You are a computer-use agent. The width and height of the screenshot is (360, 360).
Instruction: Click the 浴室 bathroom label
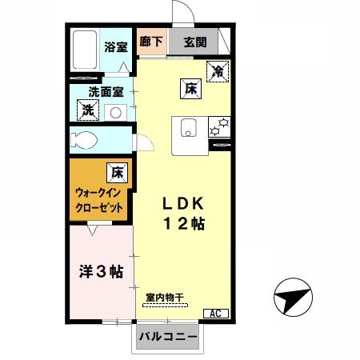coord(116,47)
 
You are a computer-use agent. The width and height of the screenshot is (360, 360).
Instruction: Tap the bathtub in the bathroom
coord(84,50)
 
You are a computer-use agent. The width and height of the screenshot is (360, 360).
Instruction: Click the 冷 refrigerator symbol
coord(216,70)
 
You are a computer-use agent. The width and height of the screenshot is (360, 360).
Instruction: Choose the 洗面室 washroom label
coord(105,92)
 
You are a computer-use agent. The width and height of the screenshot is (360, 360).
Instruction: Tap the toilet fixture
coord(85,140)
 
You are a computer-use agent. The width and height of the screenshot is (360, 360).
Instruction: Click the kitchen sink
coord(189,126)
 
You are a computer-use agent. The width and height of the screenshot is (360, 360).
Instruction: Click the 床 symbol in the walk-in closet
coord(117,170)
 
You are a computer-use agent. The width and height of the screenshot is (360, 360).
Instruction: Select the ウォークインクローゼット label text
coord(99,200)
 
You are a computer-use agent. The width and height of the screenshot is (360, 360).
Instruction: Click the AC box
coord(216,314)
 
